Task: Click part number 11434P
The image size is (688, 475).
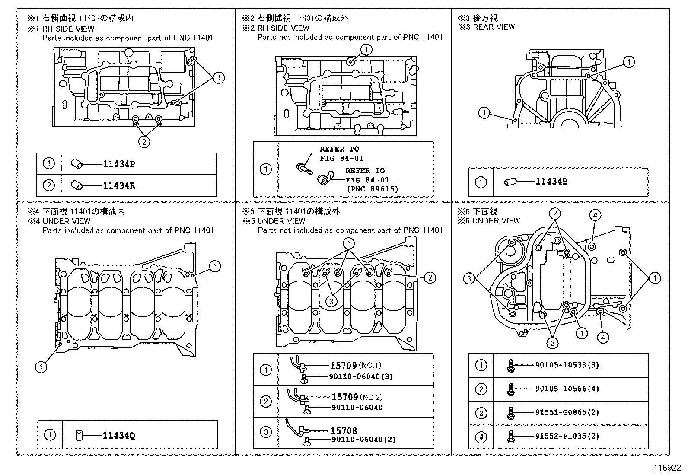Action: coord(118,164)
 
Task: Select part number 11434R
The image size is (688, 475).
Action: coord(118,186)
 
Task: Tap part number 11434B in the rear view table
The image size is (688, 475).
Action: coord(551,182)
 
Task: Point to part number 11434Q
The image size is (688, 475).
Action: coord(118,436)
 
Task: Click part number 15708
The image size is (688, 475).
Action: coord(344,430)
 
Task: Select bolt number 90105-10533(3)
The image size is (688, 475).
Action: coord(567,365)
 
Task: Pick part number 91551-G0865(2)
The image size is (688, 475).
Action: coord(567,413)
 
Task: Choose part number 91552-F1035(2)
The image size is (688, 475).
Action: coord(567,437)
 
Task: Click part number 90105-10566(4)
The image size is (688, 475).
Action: coord(567,389)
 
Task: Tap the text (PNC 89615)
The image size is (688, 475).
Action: coord(372,189)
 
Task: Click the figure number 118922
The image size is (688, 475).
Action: coord(669,468)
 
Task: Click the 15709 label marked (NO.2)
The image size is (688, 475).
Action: coord(344,397)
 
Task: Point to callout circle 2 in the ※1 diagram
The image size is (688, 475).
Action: coord(144,141)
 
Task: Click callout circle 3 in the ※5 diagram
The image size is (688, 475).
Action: coord(331,301)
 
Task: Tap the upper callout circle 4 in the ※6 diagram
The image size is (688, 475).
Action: coord(595,215)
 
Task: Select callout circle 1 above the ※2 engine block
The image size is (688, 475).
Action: coord(366,50)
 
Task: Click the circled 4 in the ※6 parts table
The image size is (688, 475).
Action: coord(481,437)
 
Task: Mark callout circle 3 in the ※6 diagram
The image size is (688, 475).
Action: coord(469,279)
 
